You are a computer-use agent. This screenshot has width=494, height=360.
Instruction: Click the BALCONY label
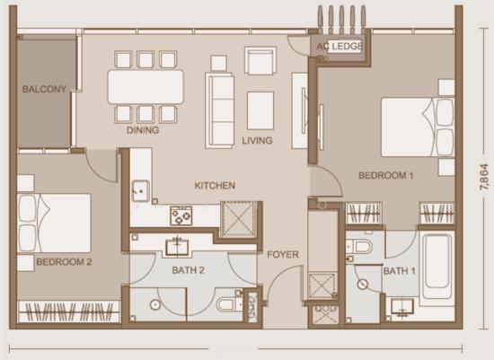44,90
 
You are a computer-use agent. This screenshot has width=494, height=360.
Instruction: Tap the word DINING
143,130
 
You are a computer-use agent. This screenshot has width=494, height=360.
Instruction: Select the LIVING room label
257,140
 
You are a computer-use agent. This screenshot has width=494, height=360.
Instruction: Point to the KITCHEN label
215,186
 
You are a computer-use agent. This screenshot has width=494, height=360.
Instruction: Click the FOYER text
283,254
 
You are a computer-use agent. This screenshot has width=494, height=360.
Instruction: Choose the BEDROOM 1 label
386,175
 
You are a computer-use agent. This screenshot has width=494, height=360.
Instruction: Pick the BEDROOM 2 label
64,262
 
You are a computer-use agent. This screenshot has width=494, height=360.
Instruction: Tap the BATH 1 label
399,271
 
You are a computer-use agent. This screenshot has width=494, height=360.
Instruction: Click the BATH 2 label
189,270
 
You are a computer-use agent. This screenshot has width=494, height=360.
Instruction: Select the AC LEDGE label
340,47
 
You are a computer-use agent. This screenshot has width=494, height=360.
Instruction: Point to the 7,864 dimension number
484,177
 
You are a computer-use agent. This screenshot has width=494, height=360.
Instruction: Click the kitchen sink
140,190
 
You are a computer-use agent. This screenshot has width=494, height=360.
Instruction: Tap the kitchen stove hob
181,215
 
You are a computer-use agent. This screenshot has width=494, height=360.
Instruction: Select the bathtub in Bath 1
437,265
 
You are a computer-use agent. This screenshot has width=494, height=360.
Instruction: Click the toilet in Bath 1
359,247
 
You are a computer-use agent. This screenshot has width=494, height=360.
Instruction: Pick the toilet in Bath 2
229,304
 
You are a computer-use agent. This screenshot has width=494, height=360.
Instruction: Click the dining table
146,87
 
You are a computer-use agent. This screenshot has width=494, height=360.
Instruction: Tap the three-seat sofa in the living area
219,110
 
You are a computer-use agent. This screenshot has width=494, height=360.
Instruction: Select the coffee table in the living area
260,110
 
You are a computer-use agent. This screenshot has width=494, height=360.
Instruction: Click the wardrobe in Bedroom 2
68,312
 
